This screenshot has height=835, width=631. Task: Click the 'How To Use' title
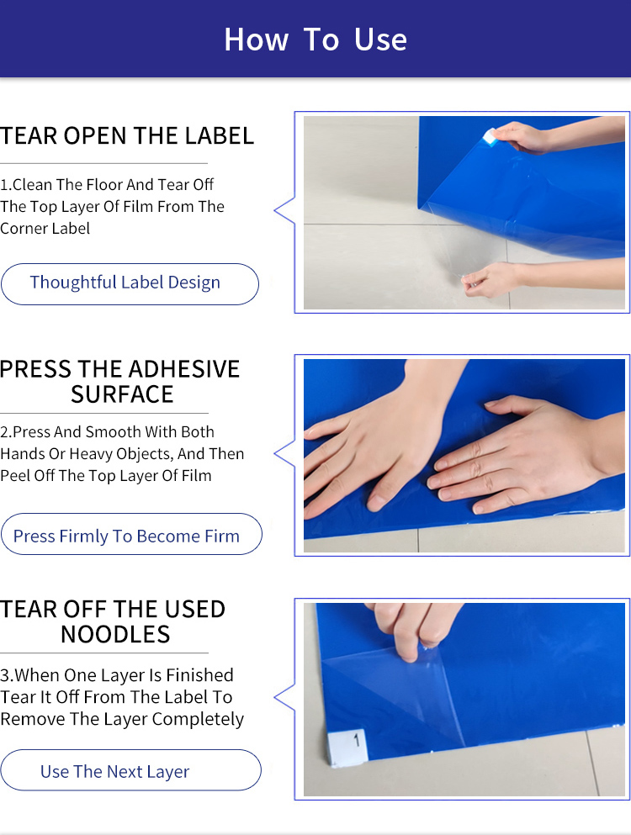tap(315, 40)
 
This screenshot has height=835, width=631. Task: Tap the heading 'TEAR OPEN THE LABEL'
tap(127, 135)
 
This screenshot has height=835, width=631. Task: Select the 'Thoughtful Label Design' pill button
tap(130, 283)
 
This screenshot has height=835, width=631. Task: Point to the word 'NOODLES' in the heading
tap(115, 635)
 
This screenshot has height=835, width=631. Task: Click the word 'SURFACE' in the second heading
tap(122, 394)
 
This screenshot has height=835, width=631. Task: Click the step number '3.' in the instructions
tap(7, 675)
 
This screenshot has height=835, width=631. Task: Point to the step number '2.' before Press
tap(7, 432)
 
